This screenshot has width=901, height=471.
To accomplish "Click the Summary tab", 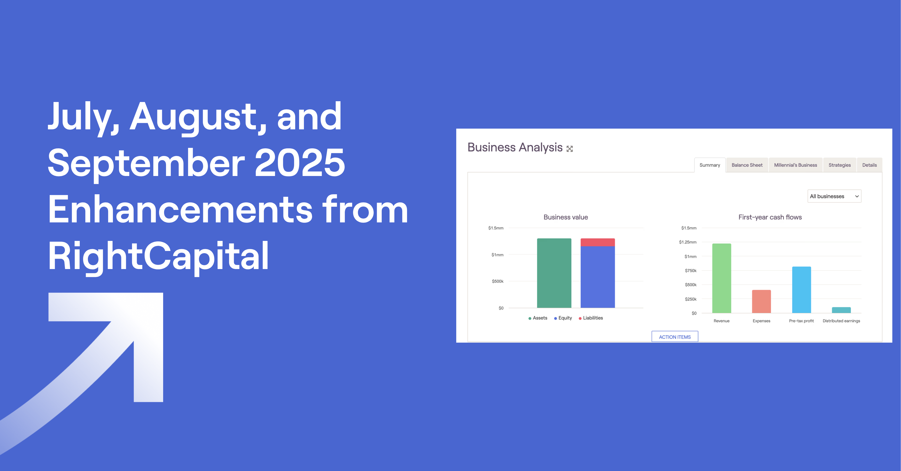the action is click(710, 165).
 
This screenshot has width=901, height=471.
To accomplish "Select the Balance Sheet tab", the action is click(747, 165).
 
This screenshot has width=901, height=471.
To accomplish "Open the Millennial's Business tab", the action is click(795, 165).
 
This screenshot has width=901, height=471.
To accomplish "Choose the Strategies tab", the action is click(839, 165).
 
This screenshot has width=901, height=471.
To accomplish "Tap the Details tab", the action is click(869, 165).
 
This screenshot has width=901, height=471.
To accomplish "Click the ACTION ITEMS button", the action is click(675, 337).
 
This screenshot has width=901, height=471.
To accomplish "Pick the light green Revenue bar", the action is click(722, 278).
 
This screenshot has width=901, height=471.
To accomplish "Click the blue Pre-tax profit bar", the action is click(801, 290).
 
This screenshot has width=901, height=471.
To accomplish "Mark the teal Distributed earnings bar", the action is click(841, 310).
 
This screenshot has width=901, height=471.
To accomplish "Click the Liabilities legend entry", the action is click(591, 318).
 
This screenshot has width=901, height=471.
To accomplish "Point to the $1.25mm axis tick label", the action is click(688, 242).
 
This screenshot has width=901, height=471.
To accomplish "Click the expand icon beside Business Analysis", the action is click(569, 149).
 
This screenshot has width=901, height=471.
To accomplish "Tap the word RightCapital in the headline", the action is click(158, 256).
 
